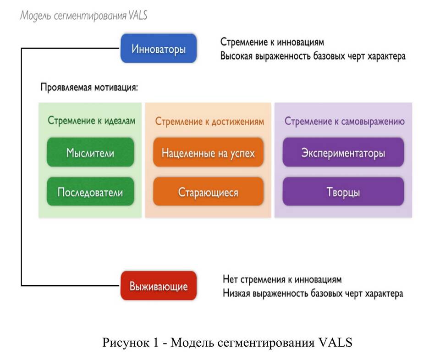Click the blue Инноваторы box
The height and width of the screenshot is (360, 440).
click(159, 48)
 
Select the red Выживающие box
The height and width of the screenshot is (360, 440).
click(159, 286)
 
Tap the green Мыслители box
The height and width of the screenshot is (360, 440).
click(90, 152)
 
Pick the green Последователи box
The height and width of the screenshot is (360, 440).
click(90, 192)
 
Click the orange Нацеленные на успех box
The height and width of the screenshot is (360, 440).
click(208, 152)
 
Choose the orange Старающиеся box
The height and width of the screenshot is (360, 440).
click(208, 192)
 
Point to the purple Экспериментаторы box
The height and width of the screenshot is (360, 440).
click(343, 152)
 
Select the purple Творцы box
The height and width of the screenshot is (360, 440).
click(343, 192)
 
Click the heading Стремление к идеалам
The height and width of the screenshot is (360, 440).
click(92, 121)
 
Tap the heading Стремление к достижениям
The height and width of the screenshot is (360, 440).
click(209, 122)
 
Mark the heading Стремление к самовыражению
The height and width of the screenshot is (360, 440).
click(344, 122)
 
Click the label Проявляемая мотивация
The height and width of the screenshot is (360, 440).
click(89, 87)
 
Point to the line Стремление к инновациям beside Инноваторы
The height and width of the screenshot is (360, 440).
click(272, 42)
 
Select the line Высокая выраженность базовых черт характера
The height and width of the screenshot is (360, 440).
click(313, 57)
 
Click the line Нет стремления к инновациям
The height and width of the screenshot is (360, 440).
click(282, 279)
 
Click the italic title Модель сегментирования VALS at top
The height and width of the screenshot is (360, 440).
click(83, 16)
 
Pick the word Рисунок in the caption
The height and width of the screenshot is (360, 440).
click(121, 342)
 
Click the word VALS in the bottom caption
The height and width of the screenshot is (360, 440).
click(335, 342)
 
